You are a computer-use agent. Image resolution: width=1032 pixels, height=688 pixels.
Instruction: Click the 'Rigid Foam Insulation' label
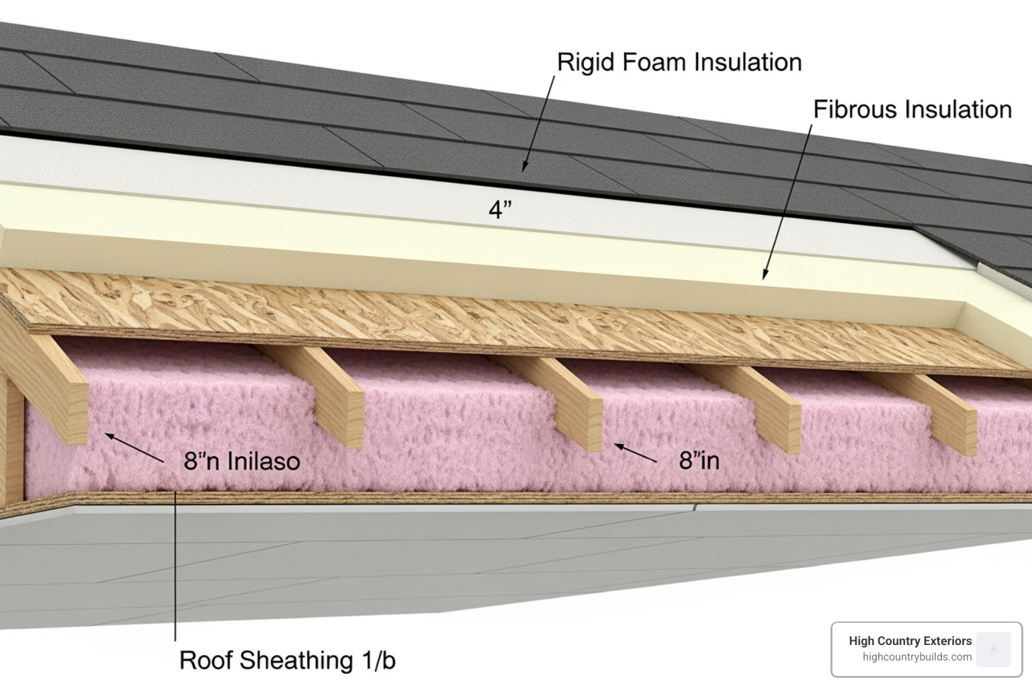[679, 62]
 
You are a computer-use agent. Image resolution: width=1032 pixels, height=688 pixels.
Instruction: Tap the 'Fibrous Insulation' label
[912, 110]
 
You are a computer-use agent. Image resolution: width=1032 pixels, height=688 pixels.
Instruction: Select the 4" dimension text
[500, 210]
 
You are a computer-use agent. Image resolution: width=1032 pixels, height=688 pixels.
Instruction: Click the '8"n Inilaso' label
[242, 461]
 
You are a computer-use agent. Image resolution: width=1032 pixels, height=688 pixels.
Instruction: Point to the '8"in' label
[699, 461]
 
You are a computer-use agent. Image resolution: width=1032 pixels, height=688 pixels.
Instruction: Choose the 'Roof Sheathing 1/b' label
[287, 660]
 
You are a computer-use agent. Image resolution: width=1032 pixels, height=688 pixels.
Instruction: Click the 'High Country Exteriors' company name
[910, 641]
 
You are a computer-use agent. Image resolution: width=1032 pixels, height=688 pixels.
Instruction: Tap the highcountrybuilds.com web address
[916, 657]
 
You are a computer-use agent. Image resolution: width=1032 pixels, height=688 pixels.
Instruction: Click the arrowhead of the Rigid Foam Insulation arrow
[525, 167]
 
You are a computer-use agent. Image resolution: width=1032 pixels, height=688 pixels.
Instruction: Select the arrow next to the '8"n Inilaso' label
[134, 447]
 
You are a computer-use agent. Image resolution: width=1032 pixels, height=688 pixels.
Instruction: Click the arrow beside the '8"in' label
[635, 453]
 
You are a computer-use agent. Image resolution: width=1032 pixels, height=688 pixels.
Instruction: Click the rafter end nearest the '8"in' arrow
[585, 422]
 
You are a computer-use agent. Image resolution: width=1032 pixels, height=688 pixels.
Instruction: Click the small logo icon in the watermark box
[993, 649]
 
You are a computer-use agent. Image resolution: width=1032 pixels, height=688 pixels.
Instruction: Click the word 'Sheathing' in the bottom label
[296, 660]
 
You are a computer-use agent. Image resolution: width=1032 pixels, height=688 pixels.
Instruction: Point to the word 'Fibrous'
[855, 110]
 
